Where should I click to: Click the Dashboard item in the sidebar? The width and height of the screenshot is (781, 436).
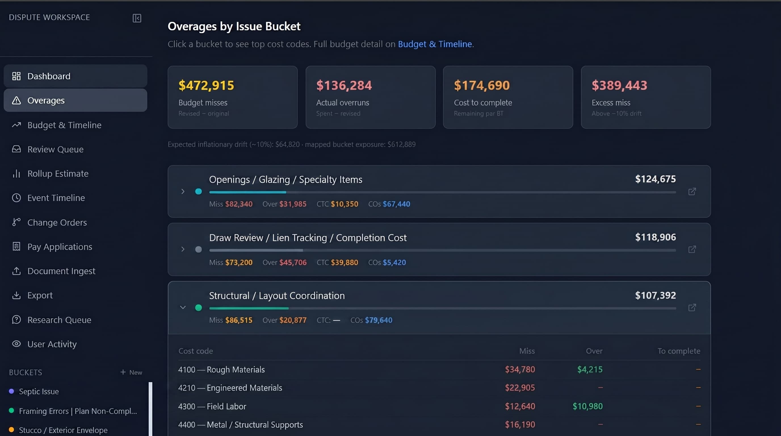click(75, 76)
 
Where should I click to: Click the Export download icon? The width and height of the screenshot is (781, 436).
click(16, 295)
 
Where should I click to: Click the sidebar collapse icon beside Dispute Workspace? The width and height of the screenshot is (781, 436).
click(137, 18)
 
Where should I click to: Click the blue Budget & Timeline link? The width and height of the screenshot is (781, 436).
click(435, 44)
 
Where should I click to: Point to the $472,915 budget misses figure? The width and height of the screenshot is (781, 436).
click(206, 85)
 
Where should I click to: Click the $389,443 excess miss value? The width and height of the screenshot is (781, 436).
click(620, 85)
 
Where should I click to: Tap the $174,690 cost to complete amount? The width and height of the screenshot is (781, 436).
click(482, 85)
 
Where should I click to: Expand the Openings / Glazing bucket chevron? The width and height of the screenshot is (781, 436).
click(183, 191)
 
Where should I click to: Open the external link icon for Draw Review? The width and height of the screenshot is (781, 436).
click(692, 249)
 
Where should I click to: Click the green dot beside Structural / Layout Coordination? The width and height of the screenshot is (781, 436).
click(199, 307)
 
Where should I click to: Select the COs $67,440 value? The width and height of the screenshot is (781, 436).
click(396, 204)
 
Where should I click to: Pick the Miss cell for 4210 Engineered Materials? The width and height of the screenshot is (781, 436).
click(520, 387)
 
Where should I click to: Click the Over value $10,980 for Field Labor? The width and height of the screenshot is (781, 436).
click(587, 406)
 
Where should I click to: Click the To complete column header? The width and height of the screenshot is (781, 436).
click(679, 351)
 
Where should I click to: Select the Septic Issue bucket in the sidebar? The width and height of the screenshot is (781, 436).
click(39, 391)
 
